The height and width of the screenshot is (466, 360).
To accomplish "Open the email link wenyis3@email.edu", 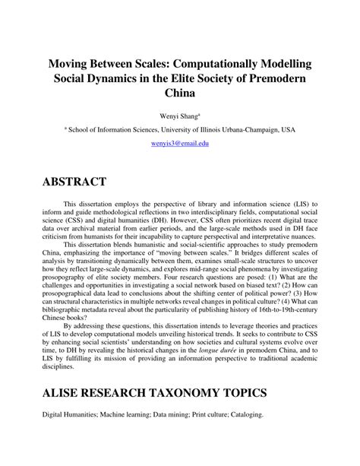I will (180, 143).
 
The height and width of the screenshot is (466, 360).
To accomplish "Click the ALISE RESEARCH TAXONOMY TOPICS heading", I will (156, 394).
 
